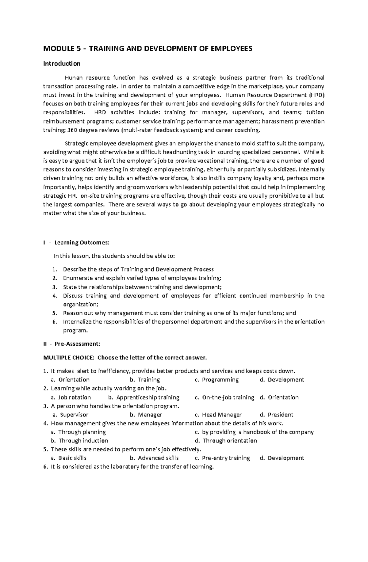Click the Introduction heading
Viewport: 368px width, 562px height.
point(62,64)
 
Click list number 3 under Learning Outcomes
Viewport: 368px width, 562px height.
point(55,287)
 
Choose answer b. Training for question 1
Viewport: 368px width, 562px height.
point(145,380)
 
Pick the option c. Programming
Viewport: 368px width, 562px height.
point(217,380)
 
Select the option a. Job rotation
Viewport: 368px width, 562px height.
point(71,397)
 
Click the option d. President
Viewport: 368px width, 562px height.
point(277,415)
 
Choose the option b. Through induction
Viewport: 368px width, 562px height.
point(80,441)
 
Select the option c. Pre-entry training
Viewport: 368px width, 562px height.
point(223,458)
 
